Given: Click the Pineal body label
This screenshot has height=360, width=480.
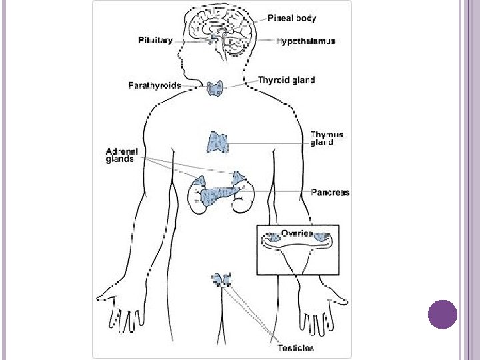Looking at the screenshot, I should (x=291, y=18).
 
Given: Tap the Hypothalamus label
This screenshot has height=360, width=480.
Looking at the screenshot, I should (x=306, y=41).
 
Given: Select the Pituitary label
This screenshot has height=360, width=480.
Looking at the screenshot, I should (x=155, y=40).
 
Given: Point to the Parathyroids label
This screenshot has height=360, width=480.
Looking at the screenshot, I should (x=155, y=85).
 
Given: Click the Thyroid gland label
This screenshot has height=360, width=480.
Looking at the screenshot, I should (x=287, y=80).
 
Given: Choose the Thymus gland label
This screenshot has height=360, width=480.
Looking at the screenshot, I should (x=327, y=138).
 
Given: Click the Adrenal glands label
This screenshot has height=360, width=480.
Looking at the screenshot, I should (x=120, y=155).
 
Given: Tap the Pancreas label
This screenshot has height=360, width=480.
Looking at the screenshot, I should (x=330, y=193).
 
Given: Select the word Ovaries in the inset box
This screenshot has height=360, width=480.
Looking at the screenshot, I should (x=297, y=233).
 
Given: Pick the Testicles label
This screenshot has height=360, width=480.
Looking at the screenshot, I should (x=295, y=348).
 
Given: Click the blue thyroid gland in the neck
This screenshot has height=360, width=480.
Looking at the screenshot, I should (x=215, y=87).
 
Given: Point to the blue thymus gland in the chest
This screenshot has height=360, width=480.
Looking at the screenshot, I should (x=219, y=142).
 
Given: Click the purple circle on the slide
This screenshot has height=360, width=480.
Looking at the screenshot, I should (x=442, y=314).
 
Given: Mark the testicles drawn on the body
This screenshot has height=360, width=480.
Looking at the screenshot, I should (x=222, y=280).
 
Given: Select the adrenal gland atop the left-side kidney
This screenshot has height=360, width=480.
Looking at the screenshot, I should (x=199, y=180).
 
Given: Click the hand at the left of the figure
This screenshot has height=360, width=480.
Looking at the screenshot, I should (x=121, y=310).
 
